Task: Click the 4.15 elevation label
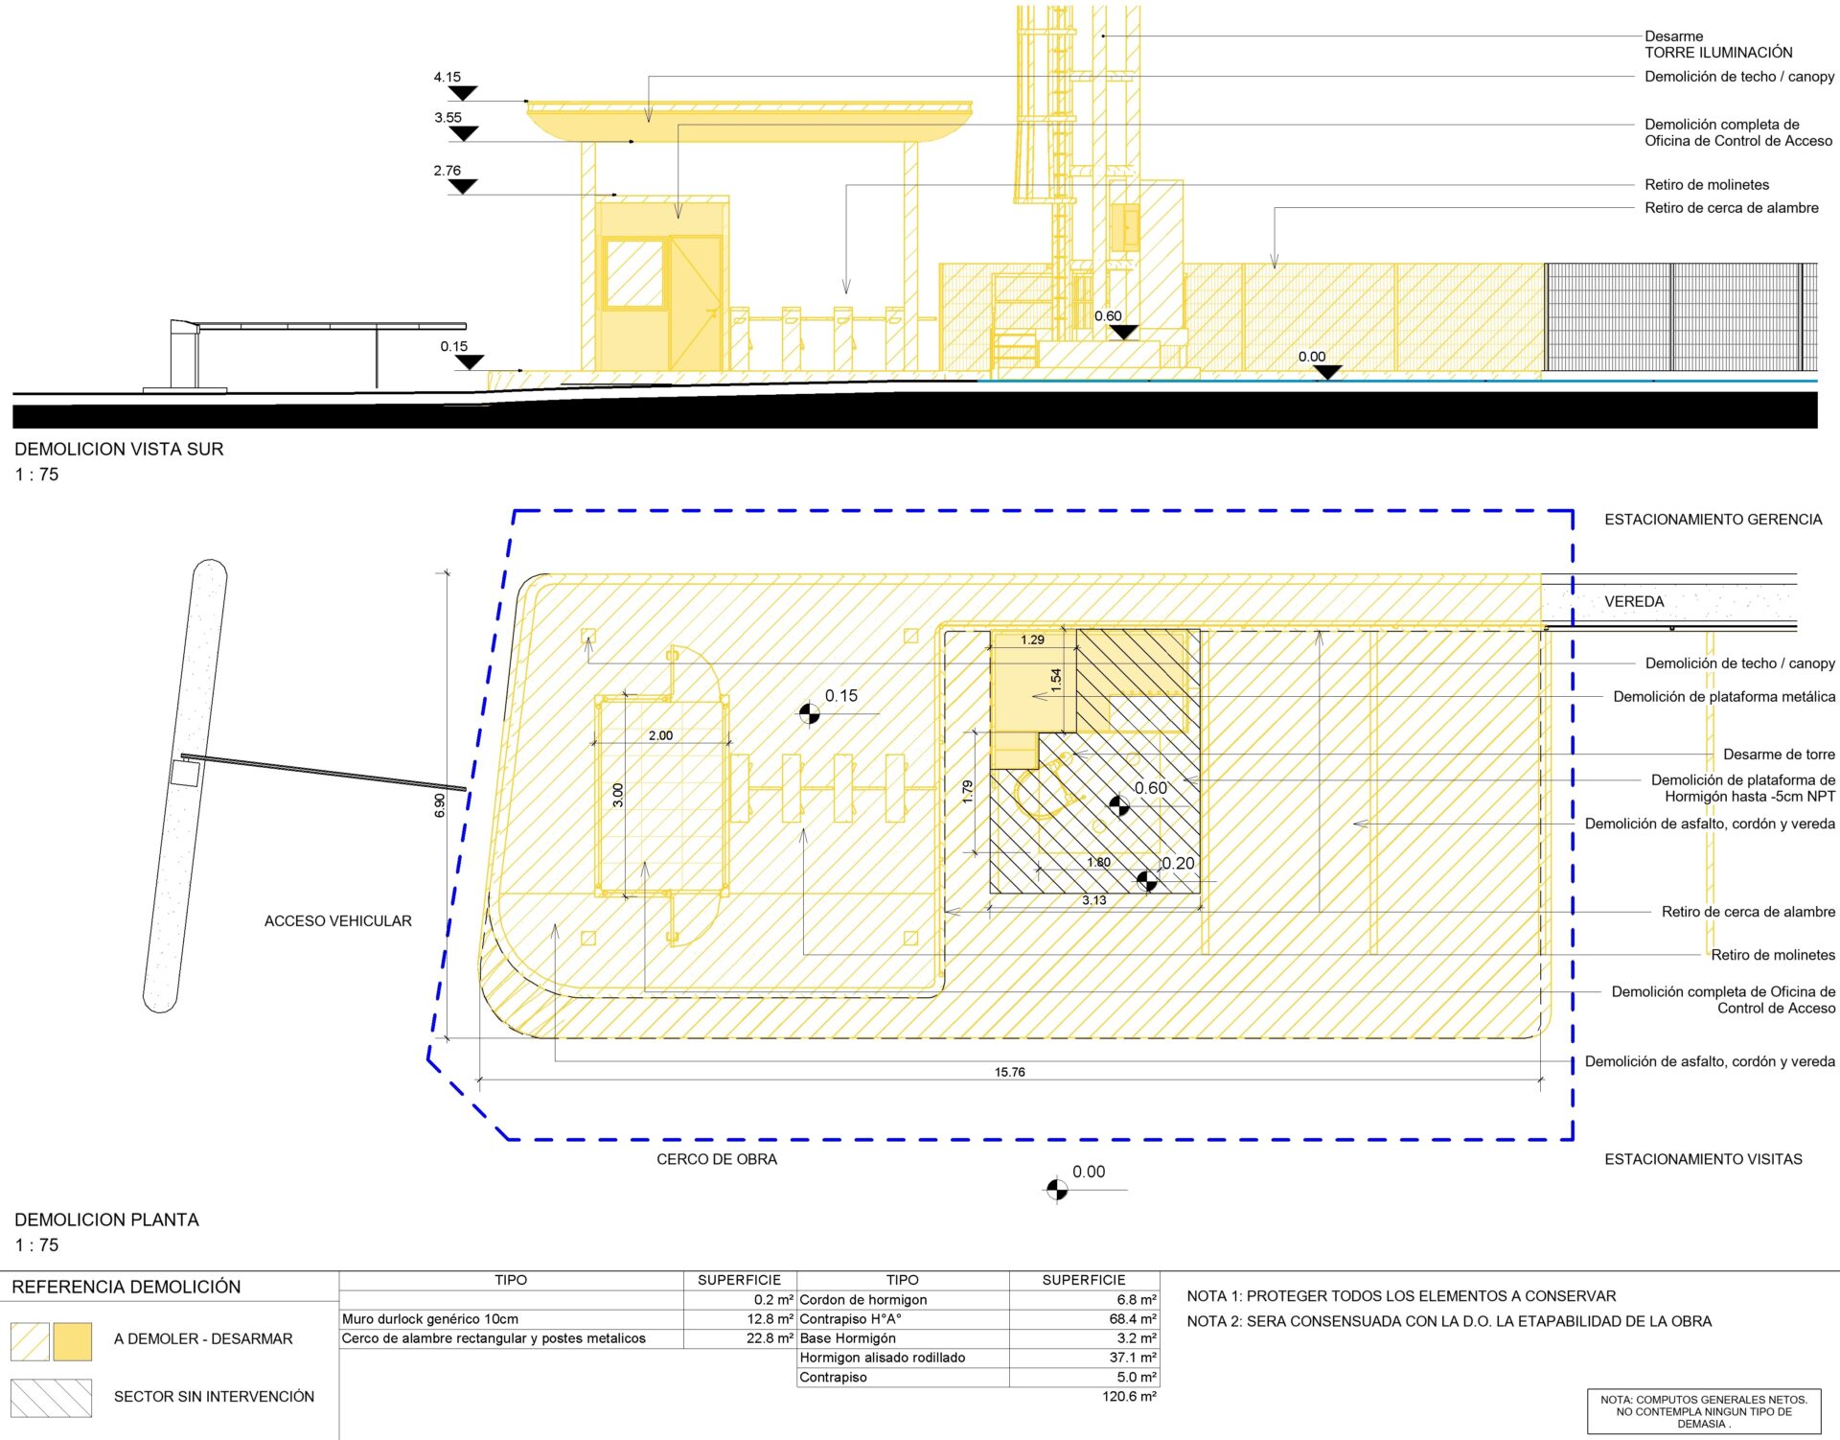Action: [447, 77]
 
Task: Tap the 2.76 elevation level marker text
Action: [447, 171]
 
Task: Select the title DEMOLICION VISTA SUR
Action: [119, 449]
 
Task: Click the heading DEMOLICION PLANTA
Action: [106, 1219]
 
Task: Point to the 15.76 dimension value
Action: [1009, 1072]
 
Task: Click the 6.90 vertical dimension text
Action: [440, 805]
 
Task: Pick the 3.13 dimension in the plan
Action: [1093, 900]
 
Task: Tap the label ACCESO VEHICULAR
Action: [338, 921]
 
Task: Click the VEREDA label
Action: [1634, 602]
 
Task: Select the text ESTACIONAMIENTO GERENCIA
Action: [1713, 520]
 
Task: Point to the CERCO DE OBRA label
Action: [717, 1159]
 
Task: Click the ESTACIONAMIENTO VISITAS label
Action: [1703, 1159]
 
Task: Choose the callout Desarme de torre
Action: [1779, 755]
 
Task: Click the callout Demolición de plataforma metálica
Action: [1724, 697]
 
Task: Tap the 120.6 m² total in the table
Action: [1129, 1397]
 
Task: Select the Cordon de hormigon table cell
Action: [863, 1300]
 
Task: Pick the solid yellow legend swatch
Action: [73, 1341]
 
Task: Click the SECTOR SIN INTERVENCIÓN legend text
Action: [214, 1397]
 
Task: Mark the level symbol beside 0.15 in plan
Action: [810, 713]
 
